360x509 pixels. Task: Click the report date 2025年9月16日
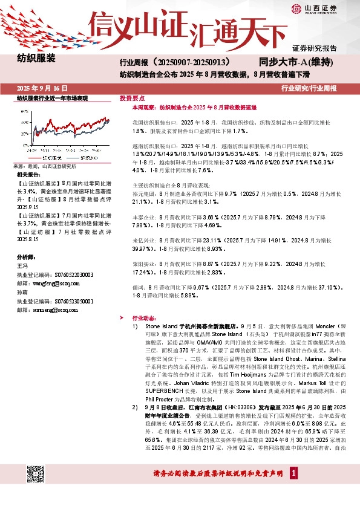tap(42, 88)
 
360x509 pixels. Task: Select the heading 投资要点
tap(132, 97)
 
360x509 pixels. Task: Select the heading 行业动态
tap(143, 317)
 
